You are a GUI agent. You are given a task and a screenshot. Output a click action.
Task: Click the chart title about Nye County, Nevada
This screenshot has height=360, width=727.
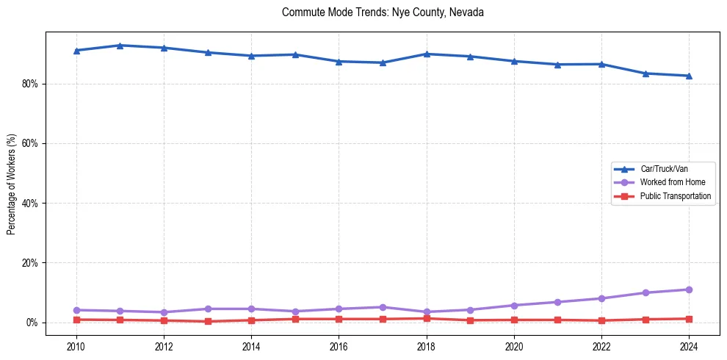[383, 12]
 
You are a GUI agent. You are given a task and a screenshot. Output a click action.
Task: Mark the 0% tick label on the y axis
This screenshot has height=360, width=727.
[32, 323]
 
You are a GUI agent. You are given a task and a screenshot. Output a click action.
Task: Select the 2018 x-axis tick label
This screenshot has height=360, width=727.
[427, 345]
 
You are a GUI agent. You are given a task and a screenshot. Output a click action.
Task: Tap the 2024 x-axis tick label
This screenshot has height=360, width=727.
[689, 345]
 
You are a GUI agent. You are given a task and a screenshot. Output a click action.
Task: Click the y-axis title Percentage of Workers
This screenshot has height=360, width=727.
[12, 184]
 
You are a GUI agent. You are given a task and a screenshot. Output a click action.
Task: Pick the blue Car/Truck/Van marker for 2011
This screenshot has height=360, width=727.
[120, 46]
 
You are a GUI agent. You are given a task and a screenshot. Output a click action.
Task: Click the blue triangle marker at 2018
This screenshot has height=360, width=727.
[427, 54]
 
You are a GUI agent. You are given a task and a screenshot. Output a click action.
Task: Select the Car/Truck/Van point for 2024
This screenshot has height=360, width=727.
[689, 76]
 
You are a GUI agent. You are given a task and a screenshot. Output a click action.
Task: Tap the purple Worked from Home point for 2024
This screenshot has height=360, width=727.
[689, 289]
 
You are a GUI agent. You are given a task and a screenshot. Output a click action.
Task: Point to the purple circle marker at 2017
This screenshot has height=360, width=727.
[383, 307]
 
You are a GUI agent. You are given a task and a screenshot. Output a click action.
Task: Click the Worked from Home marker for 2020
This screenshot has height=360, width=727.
[514, 305]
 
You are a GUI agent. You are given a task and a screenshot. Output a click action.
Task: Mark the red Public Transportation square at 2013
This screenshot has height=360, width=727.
[208, 321]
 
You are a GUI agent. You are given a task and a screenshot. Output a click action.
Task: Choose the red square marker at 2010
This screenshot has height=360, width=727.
[76, 320]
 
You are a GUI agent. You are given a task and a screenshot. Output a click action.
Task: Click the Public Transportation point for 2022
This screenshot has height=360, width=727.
[601, 320]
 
